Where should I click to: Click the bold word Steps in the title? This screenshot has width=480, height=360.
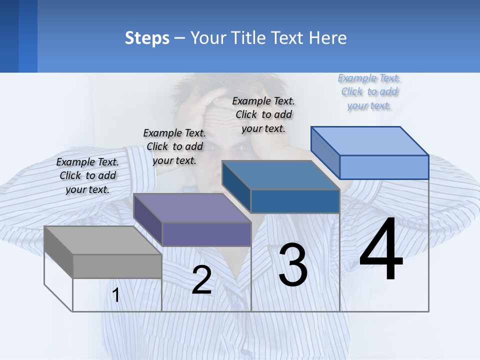click(x=147, y=38)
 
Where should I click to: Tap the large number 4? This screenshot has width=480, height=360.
click(x=381, y=250)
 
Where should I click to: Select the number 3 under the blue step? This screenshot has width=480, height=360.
click(x=293, y=265)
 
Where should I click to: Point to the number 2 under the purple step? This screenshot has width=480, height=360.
click(x=201, y=280)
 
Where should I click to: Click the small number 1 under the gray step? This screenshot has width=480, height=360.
click(x=116, y=295)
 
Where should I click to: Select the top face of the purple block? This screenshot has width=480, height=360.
click(x=192, y=208)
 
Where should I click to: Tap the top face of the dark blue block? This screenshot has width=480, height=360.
click(x=280, y=175)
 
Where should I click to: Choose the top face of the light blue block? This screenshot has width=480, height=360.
click(x=369, y=141)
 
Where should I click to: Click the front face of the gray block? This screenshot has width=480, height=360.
click(x=117, y=266)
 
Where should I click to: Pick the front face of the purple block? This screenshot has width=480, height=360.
click(x=206, y=234)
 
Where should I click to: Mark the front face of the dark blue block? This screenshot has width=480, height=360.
click(x=295, y=201)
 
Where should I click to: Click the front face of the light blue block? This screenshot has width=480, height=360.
click(x=384, y=167)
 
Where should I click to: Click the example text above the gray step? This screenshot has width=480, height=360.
click(x=88, y=175)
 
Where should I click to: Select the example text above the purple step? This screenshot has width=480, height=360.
click(x=174, y=146)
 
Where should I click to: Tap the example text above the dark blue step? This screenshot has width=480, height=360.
click(x=263, y=114)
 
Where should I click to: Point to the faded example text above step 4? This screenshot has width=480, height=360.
click(x=369, y=91)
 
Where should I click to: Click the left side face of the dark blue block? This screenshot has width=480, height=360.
click(x=236, y=187)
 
